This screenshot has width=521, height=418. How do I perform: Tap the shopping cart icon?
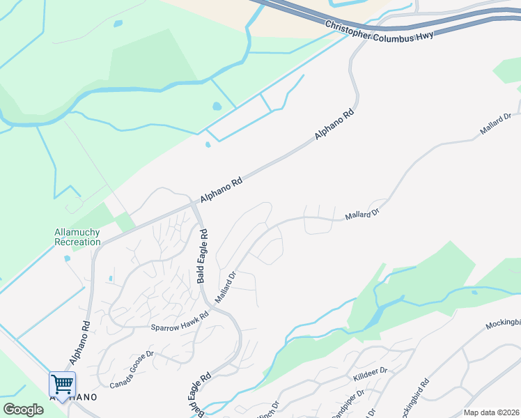click(62, 383)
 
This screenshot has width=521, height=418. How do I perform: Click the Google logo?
click(23, 410)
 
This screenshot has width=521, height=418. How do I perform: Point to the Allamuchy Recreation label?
click(77, 237)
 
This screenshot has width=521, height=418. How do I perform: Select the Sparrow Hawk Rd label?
click(180, 321)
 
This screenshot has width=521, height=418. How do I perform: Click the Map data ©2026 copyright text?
click(491, 412)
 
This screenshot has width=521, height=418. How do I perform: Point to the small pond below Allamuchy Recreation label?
click(67, 258)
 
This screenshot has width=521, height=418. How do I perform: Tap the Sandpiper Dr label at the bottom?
click(348, 405)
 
